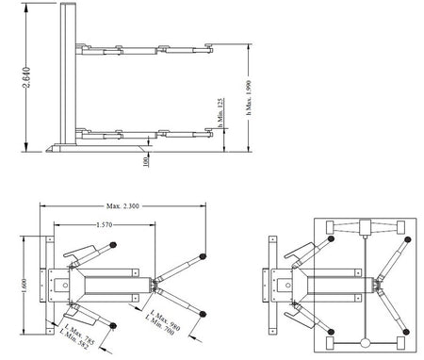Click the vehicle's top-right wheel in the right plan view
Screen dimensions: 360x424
(402, 227)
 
